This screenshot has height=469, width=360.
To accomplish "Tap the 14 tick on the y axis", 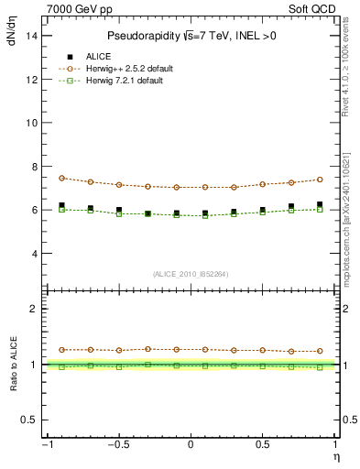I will (30, 35).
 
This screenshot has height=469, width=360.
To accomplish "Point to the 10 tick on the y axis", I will (30, 122).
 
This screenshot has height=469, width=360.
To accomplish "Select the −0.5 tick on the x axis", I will (117, 444).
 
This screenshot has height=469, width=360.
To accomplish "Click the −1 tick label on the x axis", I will (46, 444).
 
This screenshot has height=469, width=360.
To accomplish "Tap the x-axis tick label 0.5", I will (262, 444).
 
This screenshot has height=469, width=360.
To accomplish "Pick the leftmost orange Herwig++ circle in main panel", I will (61, 179).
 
